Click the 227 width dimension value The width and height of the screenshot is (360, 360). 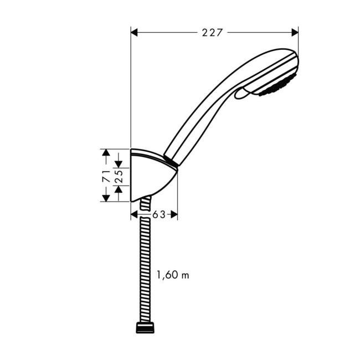(212, 33)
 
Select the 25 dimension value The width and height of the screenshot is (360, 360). (118, 176)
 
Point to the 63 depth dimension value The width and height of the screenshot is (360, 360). (159, 214)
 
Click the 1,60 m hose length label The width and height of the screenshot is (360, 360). (172, 275)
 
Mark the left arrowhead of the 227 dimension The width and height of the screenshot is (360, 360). (135, 33)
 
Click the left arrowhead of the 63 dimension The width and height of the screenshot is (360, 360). (135, 214)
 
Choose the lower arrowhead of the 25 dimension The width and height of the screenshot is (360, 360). (118, 189)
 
